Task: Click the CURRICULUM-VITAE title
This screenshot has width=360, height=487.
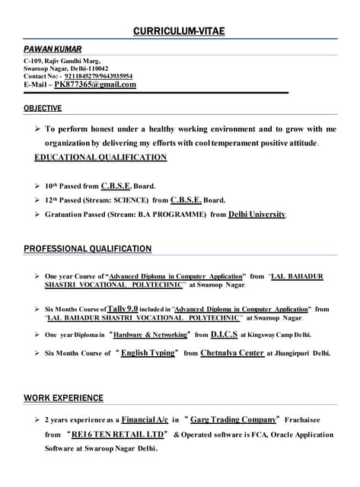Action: pyautogui.click(x=180, y=31)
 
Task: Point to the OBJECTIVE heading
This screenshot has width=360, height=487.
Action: pyautogui.click(x=43, y=109)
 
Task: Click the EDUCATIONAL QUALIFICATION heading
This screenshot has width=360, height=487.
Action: pyautogui.click(x=100, y=158)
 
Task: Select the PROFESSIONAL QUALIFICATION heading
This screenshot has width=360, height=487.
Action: pyautogui.click(x=88, y=249)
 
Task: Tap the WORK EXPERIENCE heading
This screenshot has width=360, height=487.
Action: pyautogui.click(x=63, y=398)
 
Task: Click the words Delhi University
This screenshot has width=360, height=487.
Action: pyautogui.click(x=257, y=215)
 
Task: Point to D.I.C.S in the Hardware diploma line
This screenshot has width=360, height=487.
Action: pyautogui.click(x=225, y=334)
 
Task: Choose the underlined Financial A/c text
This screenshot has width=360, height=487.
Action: pyautogui.click(x=145, y=419)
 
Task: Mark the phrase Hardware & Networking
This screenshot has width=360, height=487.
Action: pyautogui.click(x=150, y=334)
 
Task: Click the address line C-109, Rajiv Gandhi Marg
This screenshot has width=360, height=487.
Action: pyautogui.click(x=62, y=60)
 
